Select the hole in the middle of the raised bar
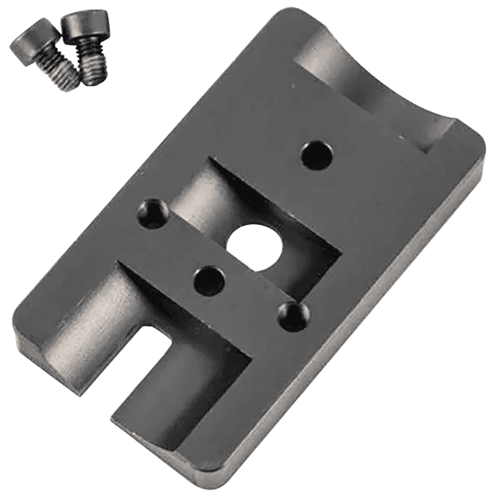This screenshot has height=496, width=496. point(208,280)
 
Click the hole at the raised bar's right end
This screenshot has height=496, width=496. point(292,316)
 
